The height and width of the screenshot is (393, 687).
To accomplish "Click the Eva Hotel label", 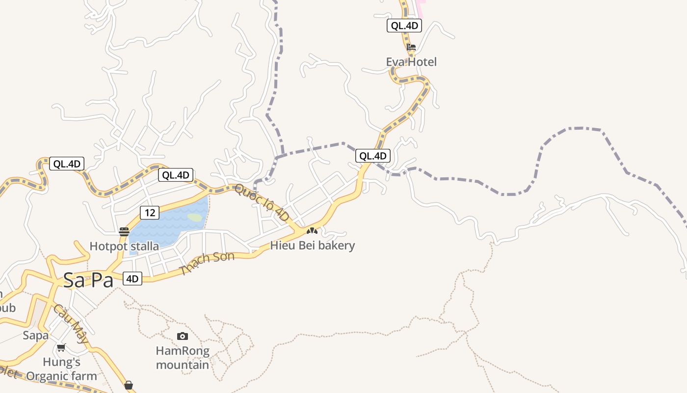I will (411, 62).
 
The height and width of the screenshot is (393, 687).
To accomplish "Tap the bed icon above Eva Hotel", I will (411, 48).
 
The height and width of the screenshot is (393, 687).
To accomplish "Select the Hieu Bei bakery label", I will (313, 245).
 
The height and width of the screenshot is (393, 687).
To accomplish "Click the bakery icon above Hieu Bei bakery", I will (312, 230).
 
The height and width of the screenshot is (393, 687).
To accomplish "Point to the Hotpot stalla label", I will (124, 246).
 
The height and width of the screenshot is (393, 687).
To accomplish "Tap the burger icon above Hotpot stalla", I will (124, 231).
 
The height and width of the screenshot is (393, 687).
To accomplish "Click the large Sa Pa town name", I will (88, 280).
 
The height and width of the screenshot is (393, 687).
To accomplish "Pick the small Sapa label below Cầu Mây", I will (36, 336).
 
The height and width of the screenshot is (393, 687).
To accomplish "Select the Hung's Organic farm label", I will (62, 369).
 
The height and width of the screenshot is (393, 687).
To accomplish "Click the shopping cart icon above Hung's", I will (61, 347).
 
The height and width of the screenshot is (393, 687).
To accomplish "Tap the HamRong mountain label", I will (183, 358).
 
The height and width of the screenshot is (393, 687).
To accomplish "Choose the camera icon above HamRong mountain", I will (183, 336).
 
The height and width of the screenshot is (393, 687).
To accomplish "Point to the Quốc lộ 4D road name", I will (261, 201).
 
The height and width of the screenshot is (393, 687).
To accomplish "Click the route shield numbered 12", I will (150, 213).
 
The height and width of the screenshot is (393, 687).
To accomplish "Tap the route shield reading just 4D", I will (132, 279).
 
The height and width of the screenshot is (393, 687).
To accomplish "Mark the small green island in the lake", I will (195, 217).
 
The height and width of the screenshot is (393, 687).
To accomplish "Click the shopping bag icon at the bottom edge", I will (129, 385).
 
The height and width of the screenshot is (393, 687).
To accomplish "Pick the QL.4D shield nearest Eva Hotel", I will (404, 26).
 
